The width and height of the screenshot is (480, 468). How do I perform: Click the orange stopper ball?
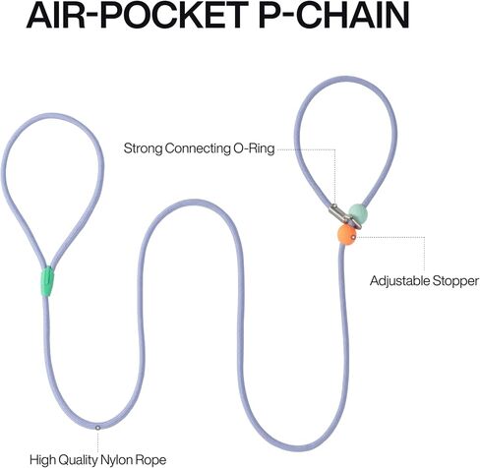tap(346, 235)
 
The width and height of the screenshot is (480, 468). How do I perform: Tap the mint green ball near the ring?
tap(358, 213)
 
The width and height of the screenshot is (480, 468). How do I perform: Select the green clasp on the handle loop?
tap(48, 281)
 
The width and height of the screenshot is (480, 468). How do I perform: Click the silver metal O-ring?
tap(345, 216)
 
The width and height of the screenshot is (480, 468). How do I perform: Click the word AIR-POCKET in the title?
tap(138, 15)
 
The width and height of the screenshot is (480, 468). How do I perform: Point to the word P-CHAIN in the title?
tap(333, 15)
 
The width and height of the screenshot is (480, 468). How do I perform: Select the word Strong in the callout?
tap(143, 148)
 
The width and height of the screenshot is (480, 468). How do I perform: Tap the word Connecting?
tap(198, 148)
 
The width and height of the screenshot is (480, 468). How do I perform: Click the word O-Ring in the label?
tap(254, 148)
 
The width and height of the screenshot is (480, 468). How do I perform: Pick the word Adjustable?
tap(400, 281)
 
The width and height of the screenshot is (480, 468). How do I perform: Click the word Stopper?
tap(455, 281)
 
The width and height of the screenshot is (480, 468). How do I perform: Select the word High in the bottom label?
tap(42, 460)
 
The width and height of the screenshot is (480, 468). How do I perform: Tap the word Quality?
tap(78, 460)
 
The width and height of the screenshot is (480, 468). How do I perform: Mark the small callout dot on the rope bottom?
tap(97, 428)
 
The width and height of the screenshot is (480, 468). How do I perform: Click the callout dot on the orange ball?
tap(353, 237)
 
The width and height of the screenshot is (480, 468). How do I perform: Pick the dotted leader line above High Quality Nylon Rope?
tap(97, 441)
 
